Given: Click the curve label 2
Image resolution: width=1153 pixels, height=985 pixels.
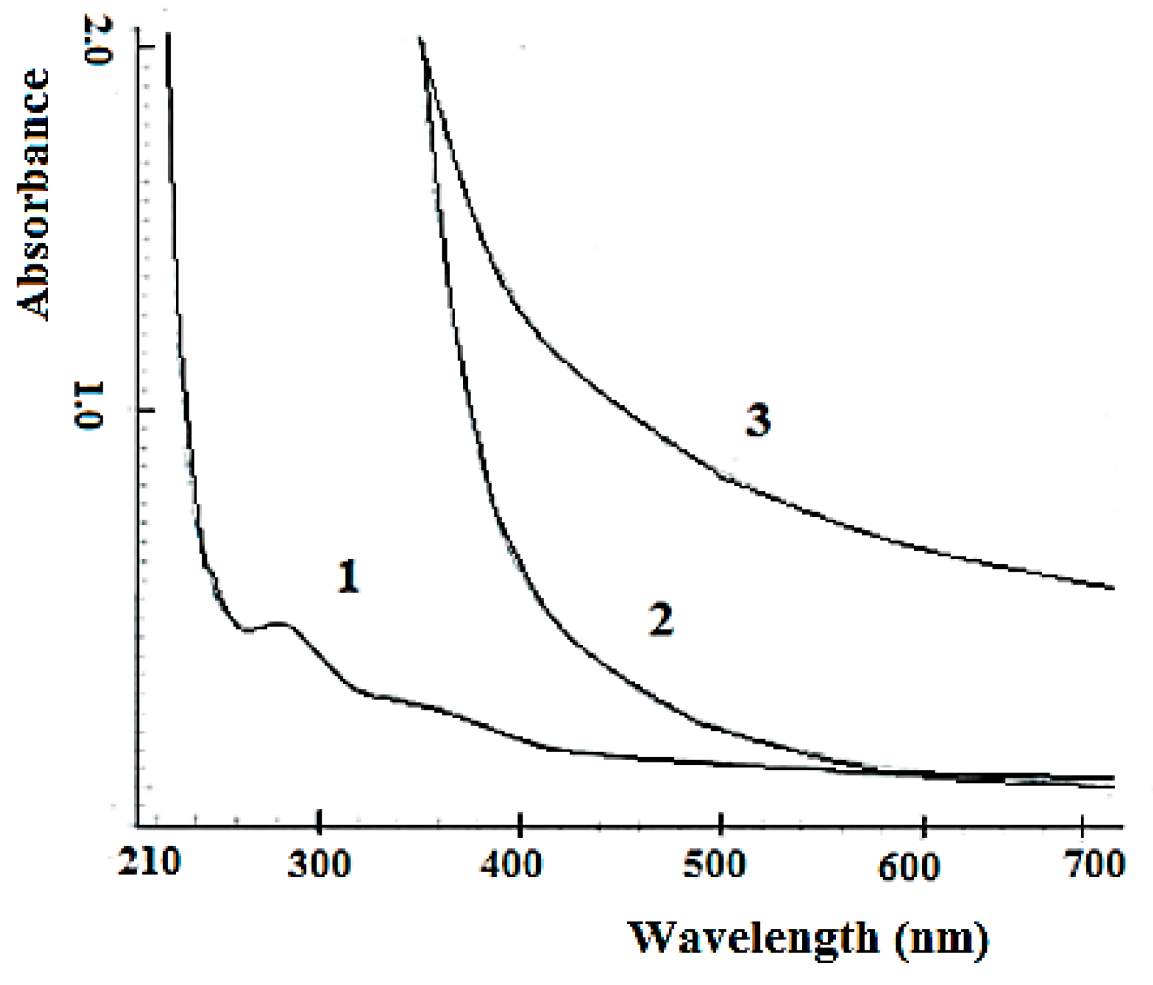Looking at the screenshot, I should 661,620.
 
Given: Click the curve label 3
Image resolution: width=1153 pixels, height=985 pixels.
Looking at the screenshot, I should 758,422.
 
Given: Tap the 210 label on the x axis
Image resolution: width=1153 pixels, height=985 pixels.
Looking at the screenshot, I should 149,863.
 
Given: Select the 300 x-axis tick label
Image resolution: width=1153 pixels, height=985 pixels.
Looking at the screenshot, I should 319,864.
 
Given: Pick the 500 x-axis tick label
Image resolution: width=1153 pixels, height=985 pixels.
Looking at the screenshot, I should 713,864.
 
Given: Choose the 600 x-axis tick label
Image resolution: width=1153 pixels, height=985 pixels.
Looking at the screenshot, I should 909,866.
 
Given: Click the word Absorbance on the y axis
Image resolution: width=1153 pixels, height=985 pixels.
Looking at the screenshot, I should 33,193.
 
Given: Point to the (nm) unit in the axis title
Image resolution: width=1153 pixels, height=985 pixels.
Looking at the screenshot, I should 940,939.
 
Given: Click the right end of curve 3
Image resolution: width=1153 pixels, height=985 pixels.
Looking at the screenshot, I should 1113,588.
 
